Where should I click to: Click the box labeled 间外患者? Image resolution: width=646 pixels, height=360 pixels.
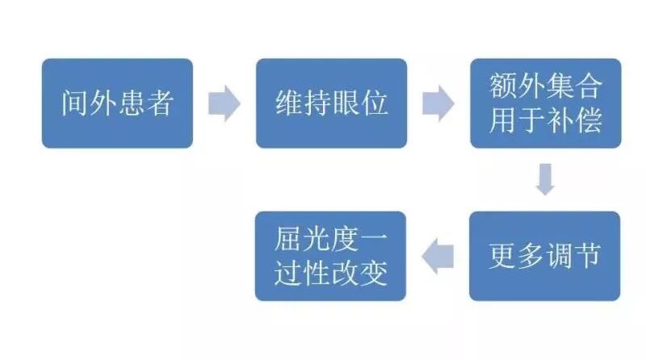coord(117,103)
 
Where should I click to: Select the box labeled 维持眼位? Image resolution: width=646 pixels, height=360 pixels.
coord(331,103)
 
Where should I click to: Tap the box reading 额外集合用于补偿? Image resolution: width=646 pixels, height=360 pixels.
coord(545,103)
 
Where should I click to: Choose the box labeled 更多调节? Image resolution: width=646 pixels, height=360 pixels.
coord(545,256)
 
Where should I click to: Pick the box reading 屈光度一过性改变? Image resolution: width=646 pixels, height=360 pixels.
coord(331,256)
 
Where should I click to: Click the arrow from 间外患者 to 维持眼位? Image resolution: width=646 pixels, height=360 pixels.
coord(224,104)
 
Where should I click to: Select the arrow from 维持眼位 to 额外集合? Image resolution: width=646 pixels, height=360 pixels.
coord(438,104)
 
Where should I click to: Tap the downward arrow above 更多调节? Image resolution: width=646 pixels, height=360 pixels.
coord(546,179)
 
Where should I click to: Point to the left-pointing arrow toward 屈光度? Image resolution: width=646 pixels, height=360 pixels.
coord(439,256)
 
